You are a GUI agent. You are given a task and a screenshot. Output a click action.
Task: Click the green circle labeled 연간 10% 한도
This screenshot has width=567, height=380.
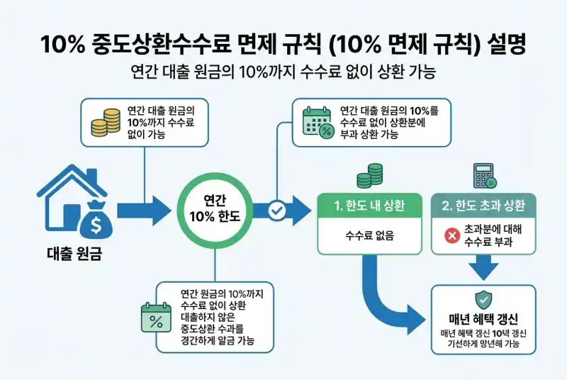[x=215, y=210]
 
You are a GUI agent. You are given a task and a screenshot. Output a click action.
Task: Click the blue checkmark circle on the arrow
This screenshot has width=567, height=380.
[x=278, y=210]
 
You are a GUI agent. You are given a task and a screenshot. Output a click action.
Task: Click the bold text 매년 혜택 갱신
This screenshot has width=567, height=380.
[x=483, y=318]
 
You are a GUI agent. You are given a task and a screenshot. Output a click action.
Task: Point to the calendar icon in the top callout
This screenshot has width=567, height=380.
[x=317, y=123]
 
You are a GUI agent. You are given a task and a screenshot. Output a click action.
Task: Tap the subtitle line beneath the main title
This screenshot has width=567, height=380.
[x=283, y=73]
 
